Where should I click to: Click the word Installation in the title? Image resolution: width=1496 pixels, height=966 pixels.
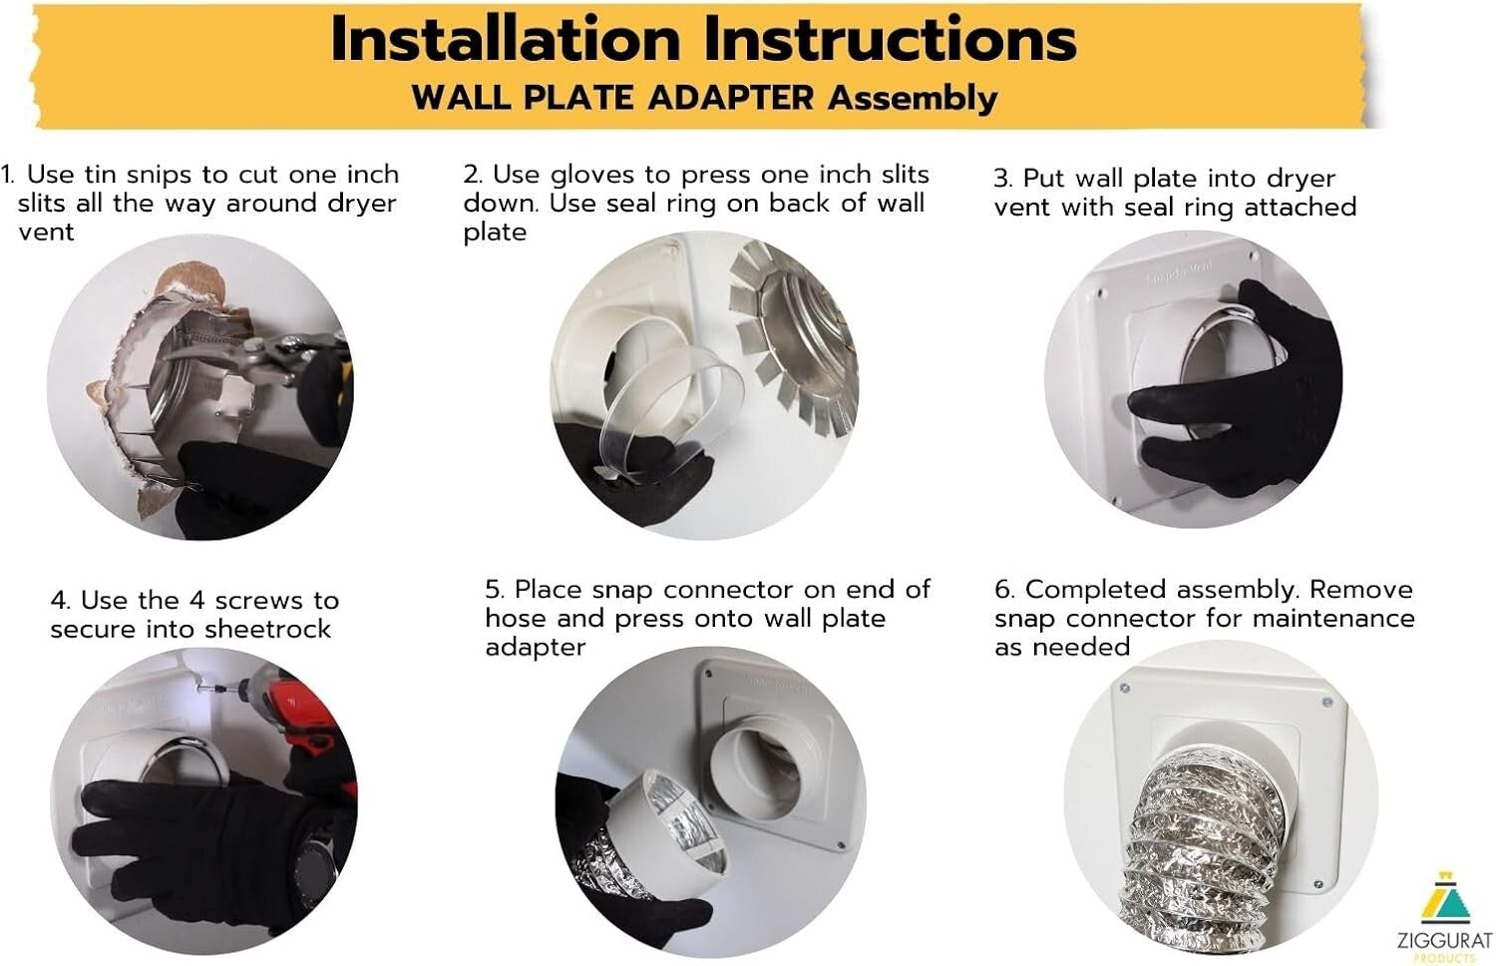(x=505, y=40)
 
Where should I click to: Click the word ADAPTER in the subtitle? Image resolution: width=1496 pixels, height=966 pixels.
(x=731, y=98)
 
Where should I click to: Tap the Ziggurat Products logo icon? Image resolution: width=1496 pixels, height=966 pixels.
(x=1445, y=902)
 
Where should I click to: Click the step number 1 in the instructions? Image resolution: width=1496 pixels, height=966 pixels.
(x=7, y=175)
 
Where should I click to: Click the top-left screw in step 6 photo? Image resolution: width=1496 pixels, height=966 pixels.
(x=1125, y=690)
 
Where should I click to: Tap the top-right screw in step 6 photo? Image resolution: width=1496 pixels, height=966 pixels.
(x=1327, y=704)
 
